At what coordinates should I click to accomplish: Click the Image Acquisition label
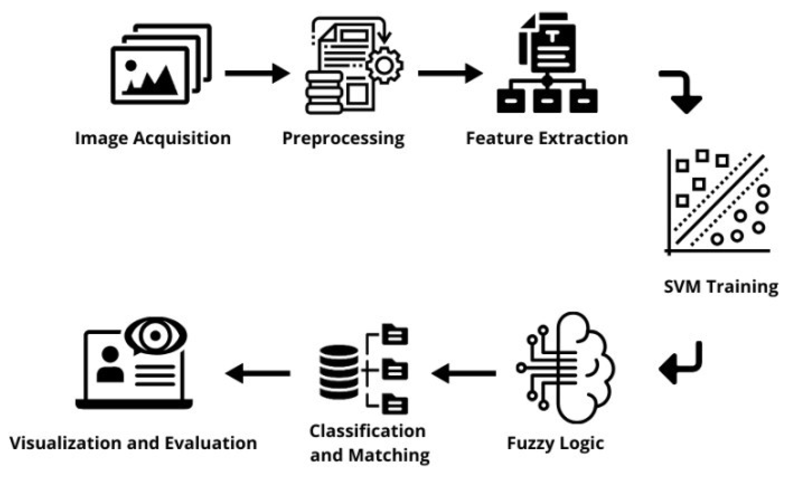click(x=153, y=138)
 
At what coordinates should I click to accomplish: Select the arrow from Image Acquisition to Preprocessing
click(x=257, y=73)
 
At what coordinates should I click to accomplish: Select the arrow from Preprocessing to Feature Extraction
click(x=450, y=73)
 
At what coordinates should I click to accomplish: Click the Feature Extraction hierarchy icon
click(x=547, y=64)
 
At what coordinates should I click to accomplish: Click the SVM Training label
click(x=721, y=286)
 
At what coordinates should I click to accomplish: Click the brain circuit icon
click(x=566, y=367)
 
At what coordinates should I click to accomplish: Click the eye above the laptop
click(x=155, y=336)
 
